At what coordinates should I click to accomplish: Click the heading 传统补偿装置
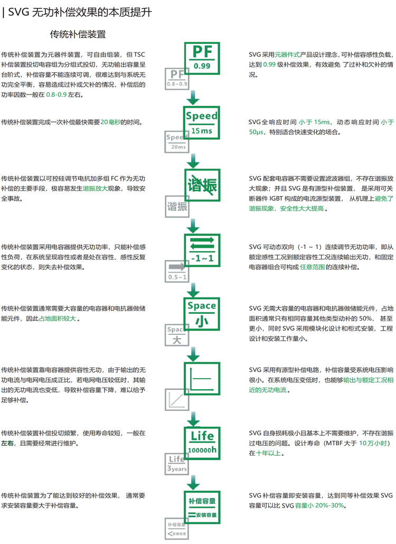(78, 35)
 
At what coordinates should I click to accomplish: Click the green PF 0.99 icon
(201, 57)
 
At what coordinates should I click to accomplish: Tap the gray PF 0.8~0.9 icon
(177, 78)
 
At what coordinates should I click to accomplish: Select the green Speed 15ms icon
(201, 122)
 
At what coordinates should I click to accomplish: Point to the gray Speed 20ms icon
(177, 142)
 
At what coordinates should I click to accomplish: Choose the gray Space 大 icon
(177, 335)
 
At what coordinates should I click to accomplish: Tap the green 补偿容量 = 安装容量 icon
(201, 507)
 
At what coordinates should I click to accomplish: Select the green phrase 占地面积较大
(58, 318)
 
